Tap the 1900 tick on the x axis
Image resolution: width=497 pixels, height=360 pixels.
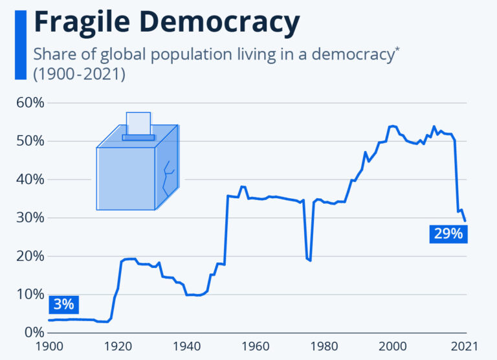49,346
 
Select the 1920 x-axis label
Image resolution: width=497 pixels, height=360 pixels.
118,346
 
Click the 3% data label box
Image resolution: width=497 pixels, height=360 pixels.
64,304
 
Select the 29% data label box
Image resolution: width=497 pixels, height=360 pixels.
448,234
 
